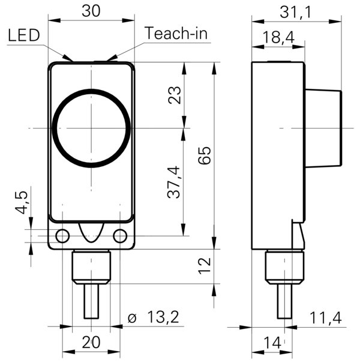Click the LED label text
coord(24,35)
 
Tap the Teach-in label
coord(176,33)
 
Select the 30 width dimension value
coord(91,11)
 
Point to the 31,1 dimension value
coord(295,12)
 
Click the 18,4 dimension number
coord(278,37)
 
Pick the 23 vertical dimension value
coord(175,95)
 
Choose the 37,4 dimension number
coord(173,182)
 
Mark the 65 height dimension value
coord(205,155)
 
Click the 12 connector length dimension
coord(205,266)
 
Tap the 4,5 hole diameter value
coord(22,203)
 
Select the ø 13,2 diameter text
coord(154,317)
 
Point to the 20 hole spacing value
coord(91,342)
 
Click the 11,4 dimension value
coord(325,318)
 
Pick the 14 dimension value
coord(272,342)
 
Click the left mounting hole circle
coord(62,236)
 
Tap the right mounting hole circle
coord(120,236)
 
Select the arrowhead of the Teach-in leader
coord(112,58)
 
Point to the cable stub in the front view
coord(91,301)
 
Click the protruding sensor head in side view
coord(323,128)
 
